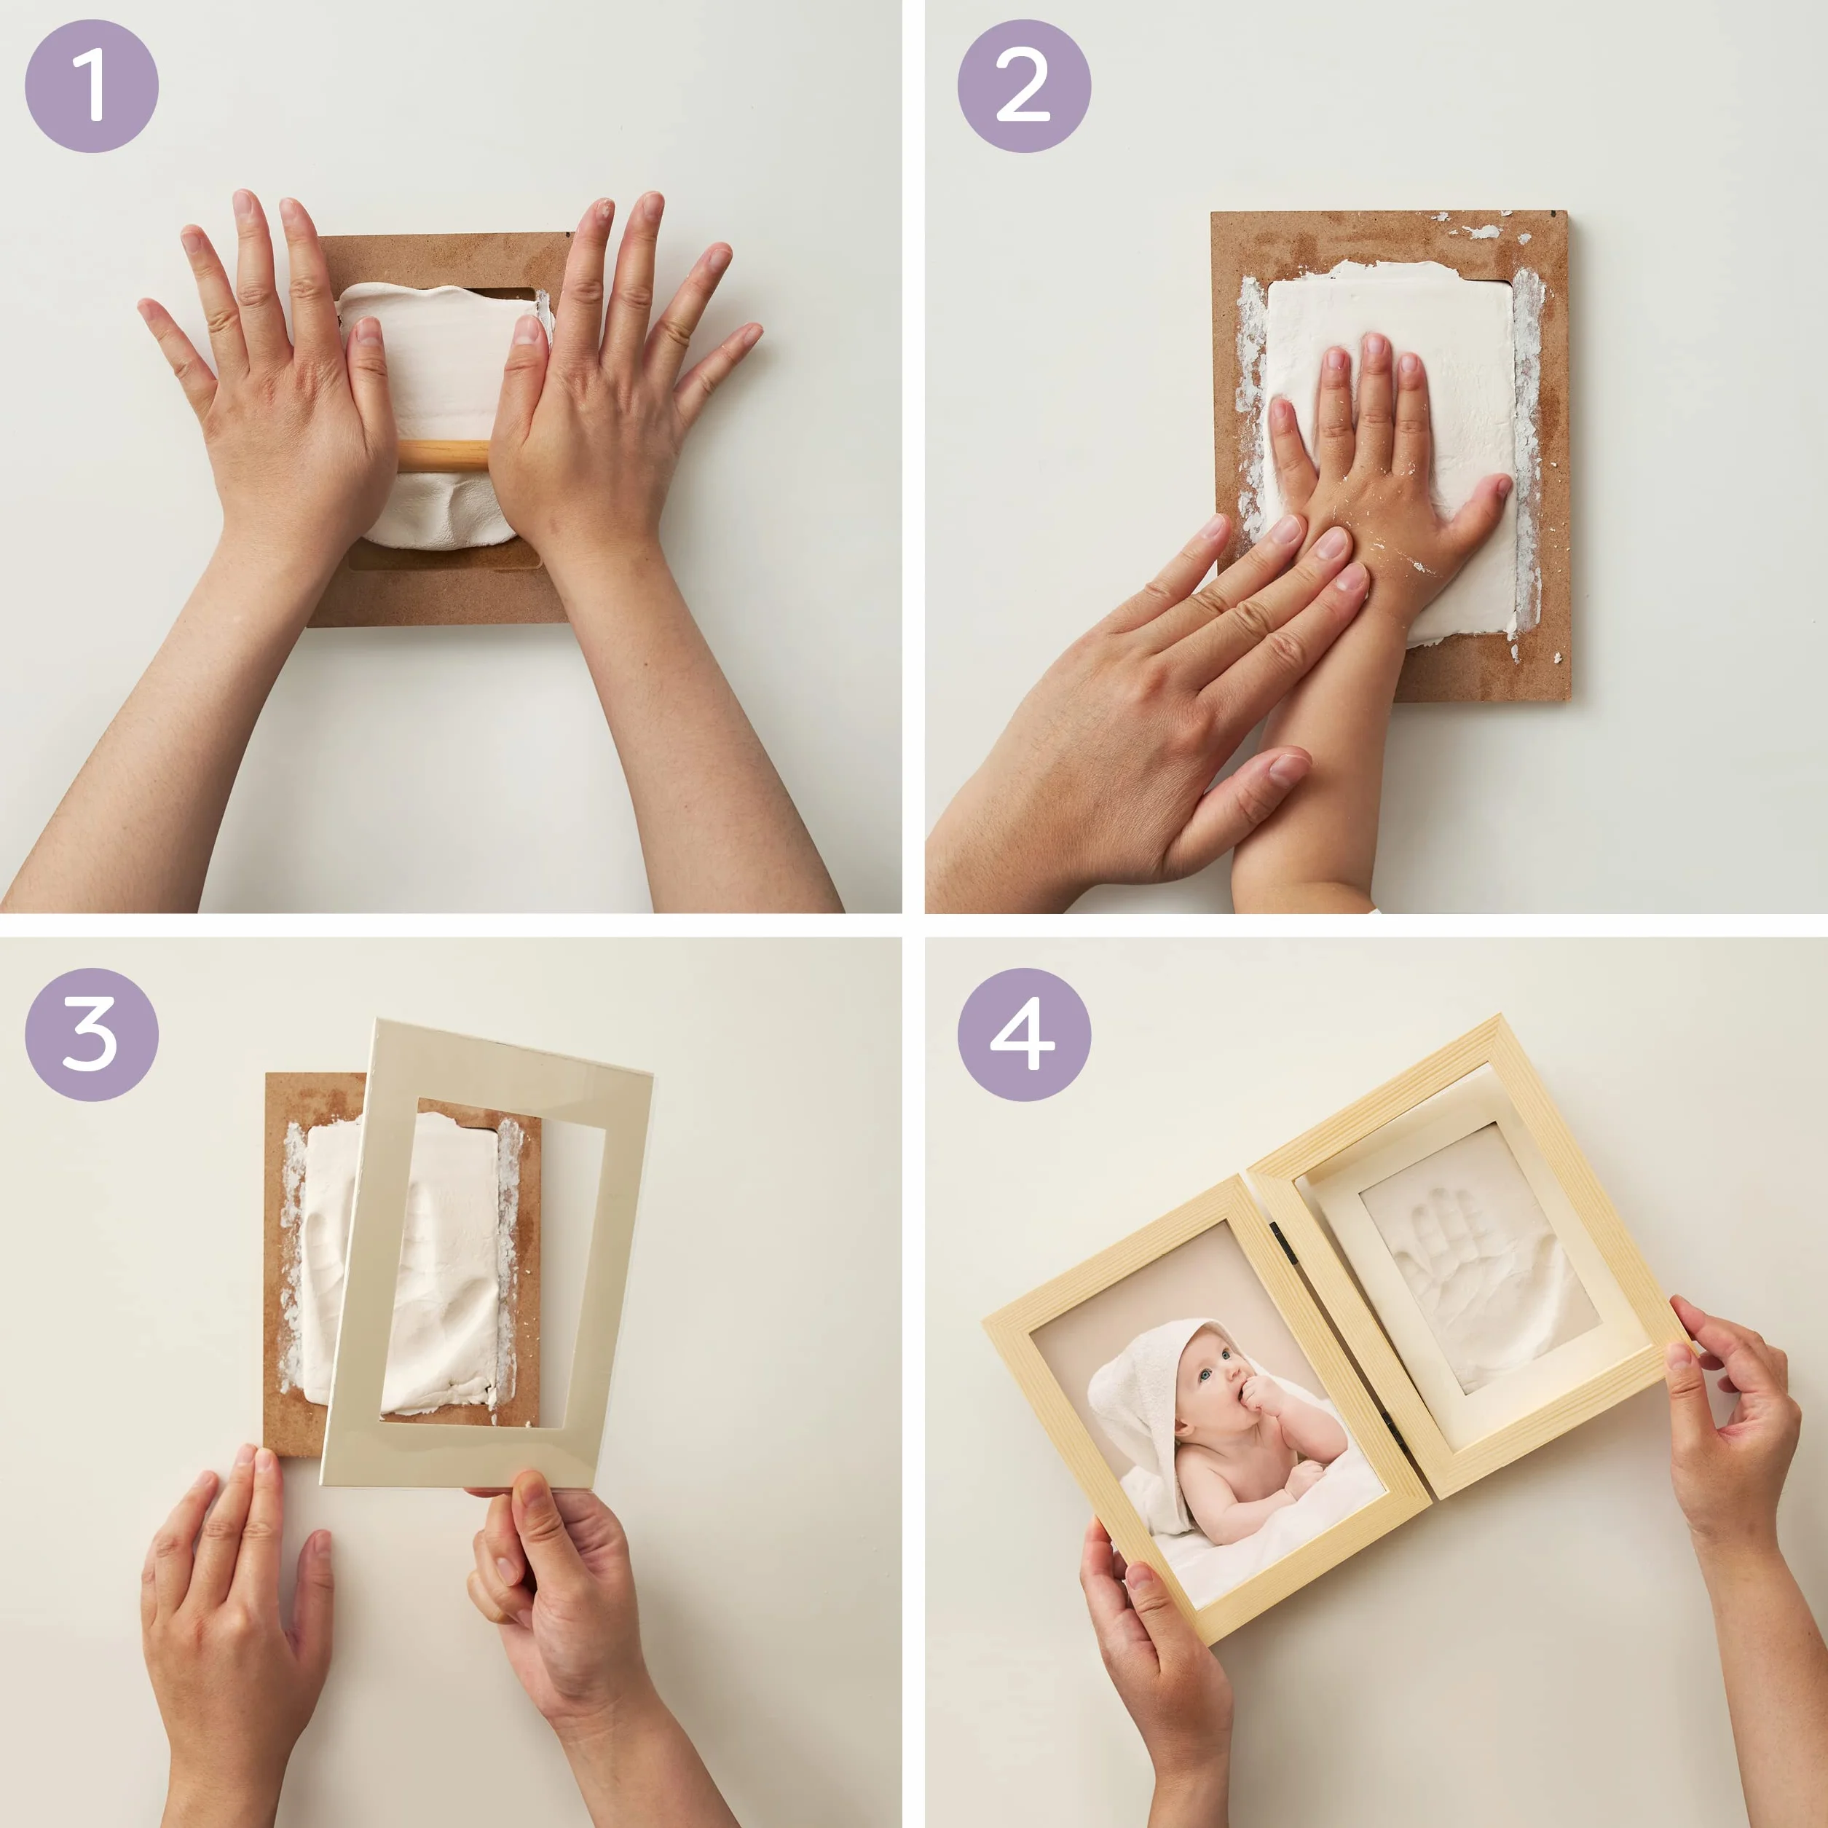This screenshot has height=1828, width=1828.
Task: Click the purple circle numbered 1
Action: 92,86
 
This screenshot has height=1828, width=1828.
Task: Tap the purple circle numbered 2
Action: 1024,86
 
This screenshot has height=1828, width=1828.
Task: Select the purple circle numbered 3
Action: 92,1034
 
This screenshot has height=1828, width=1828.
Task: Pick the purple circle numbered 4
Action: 1024,1034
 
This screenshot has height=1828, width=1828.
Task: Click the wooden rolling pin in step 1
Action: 443,453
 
